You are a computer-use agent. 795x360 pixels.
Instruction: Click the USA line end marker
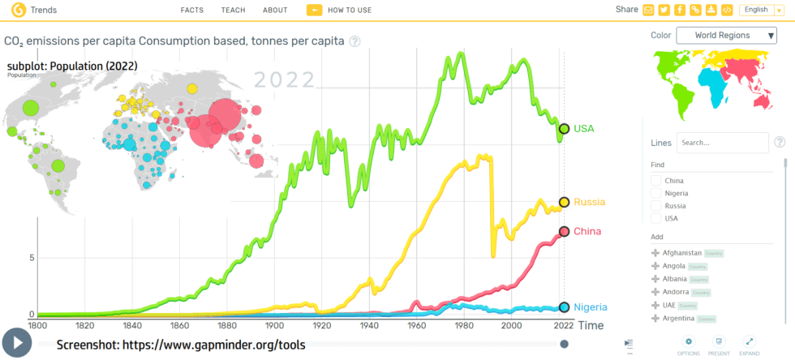tap(564, 128)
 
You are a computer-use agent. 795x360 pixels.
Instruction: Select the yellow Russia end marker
tap(564, 202)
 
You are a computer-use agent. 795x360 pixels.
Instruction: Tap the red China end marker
tap(564, 232)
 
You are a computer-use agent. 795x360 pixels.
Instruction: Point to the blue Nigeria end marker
tap(564, 307)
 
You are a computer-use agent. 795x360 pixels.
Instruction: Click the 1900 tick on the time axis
tap(274, 325)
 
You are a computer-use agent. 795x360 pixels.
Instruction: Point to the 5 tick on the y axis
tap(32, 258)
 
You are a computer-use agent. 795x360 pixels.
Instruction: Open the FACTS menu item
tap(191, 10)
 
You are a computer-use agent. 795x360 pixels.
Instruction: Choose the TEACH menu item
tap(233, 10)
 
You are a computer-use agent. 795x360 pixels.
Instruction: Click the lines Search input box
tap(722, 143)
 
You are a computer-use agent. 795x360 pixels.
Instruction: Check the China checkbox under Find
tap(656, 181)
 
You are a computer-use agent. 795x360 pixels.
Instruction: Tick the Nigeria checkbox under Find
tap(656, 193)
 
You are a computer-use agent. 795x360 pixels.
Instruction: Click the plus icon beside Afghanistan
tap(655, 253)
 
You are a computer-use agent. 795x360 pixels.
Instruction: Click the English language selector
tap(760, 10)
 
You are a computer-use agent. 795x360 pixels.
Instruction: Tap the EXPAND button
tap(749, 345)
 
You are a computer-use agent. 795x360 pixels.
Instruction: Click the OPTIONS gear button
tap(688, 345)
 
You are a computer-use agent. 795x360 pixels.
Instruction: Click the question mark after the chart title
tap(355, 41)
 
